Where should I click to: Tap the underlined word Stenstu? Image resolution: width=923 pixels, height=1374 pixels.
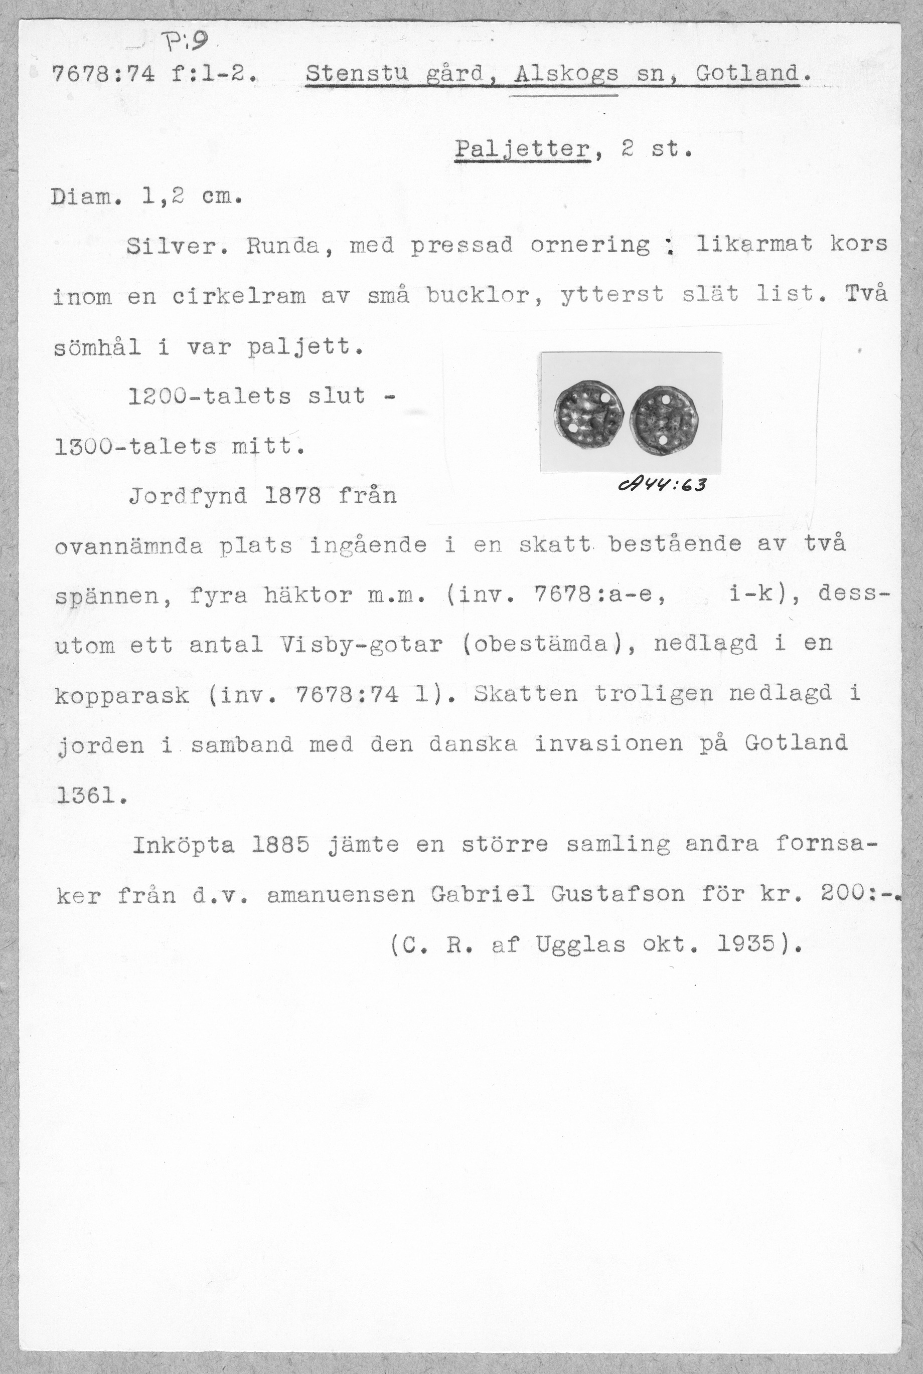pos(357,75)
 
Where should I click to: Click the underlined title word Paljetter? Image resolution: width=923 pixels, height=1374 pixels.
pos(522,149)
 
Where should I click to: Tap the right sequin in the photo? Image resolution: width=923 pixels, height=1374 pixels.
pos(665,420)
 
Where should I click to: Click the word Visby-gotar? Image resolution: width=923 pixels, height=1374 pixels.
pos(357,645)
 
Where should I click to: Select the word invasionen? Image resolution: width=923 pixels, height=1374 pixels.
pos(608,744)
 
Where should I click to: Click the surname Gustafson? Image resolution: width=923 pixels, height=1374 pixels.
pos(618,895)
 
